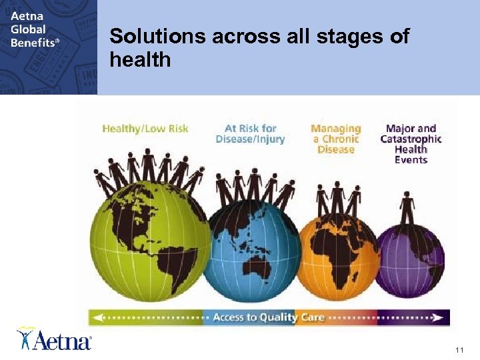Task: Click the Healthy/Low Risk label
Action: (x=145, y=129)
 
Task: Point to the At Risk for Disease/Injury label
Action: (x=250, y=134)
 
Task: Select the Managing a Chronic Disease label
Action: (x=336, y=139)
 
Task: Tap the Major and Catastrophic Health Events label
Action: (x=411, y=144)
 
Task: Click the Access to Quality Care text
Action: (x=268, y=317)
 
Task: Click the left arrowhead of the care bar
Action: (x=93, y=317)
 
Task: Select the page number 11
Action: (x=459, y=350)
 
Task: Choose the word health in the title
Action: (x=140, y=60)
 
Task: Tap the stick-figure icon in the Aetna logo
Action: (x=25, y=337)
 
